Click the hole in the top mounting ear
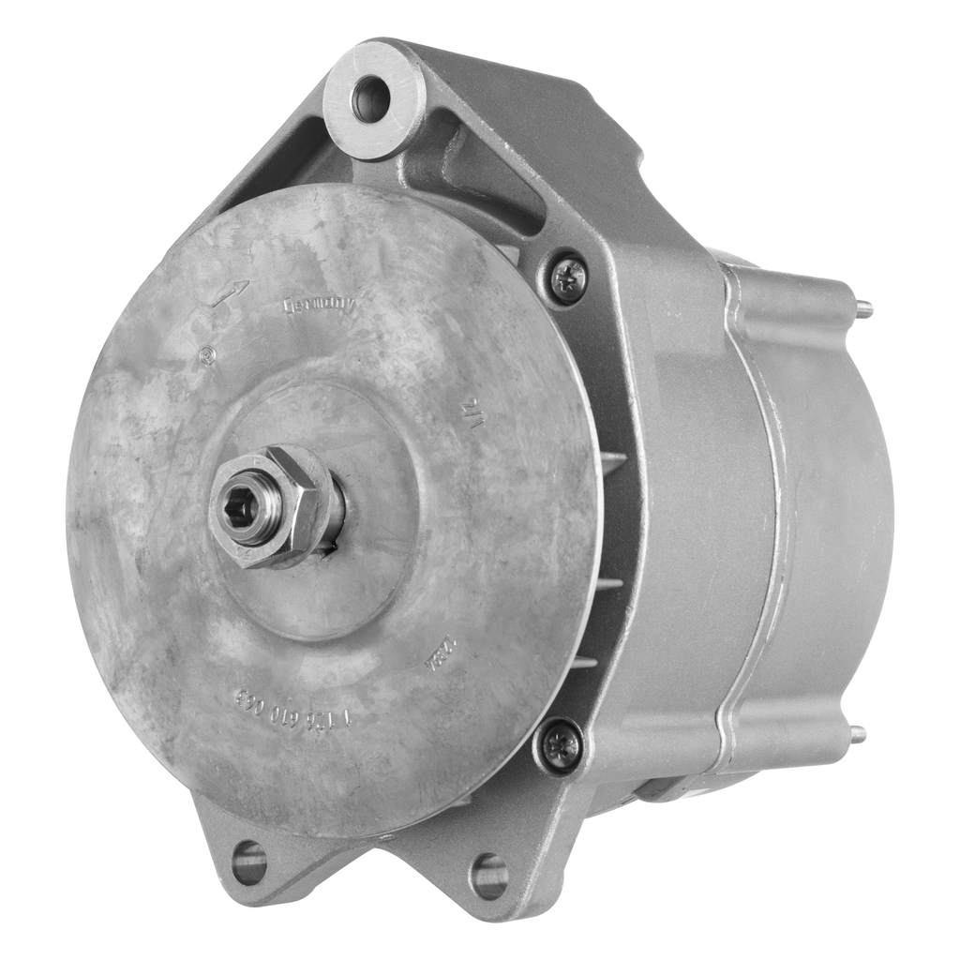(369, 99)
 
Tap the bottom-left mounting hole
(249, 862)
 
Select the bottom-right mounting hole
(488, 875)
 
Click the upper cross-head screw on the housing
(567, 277)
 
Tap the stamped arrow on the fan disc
(230, 292)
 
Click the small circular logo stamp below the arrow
(208, 355)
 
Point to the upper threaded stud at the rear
(863, 307)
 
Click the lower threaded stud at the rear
(858, 734)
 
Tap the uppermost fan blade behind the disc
(611, 462)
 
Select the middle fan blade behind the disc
(609, 582)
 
